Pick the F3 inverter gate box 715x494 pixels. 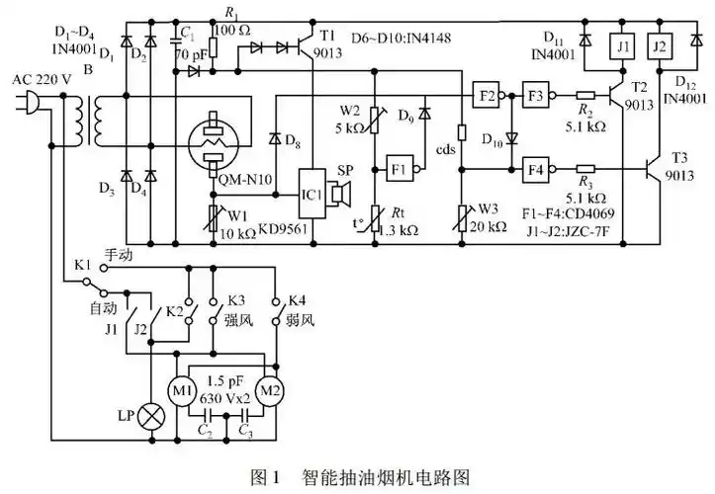[536, 97]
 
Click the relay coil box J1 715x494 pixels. [623, 46]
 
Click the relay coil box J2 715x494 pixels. [661, 46]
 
